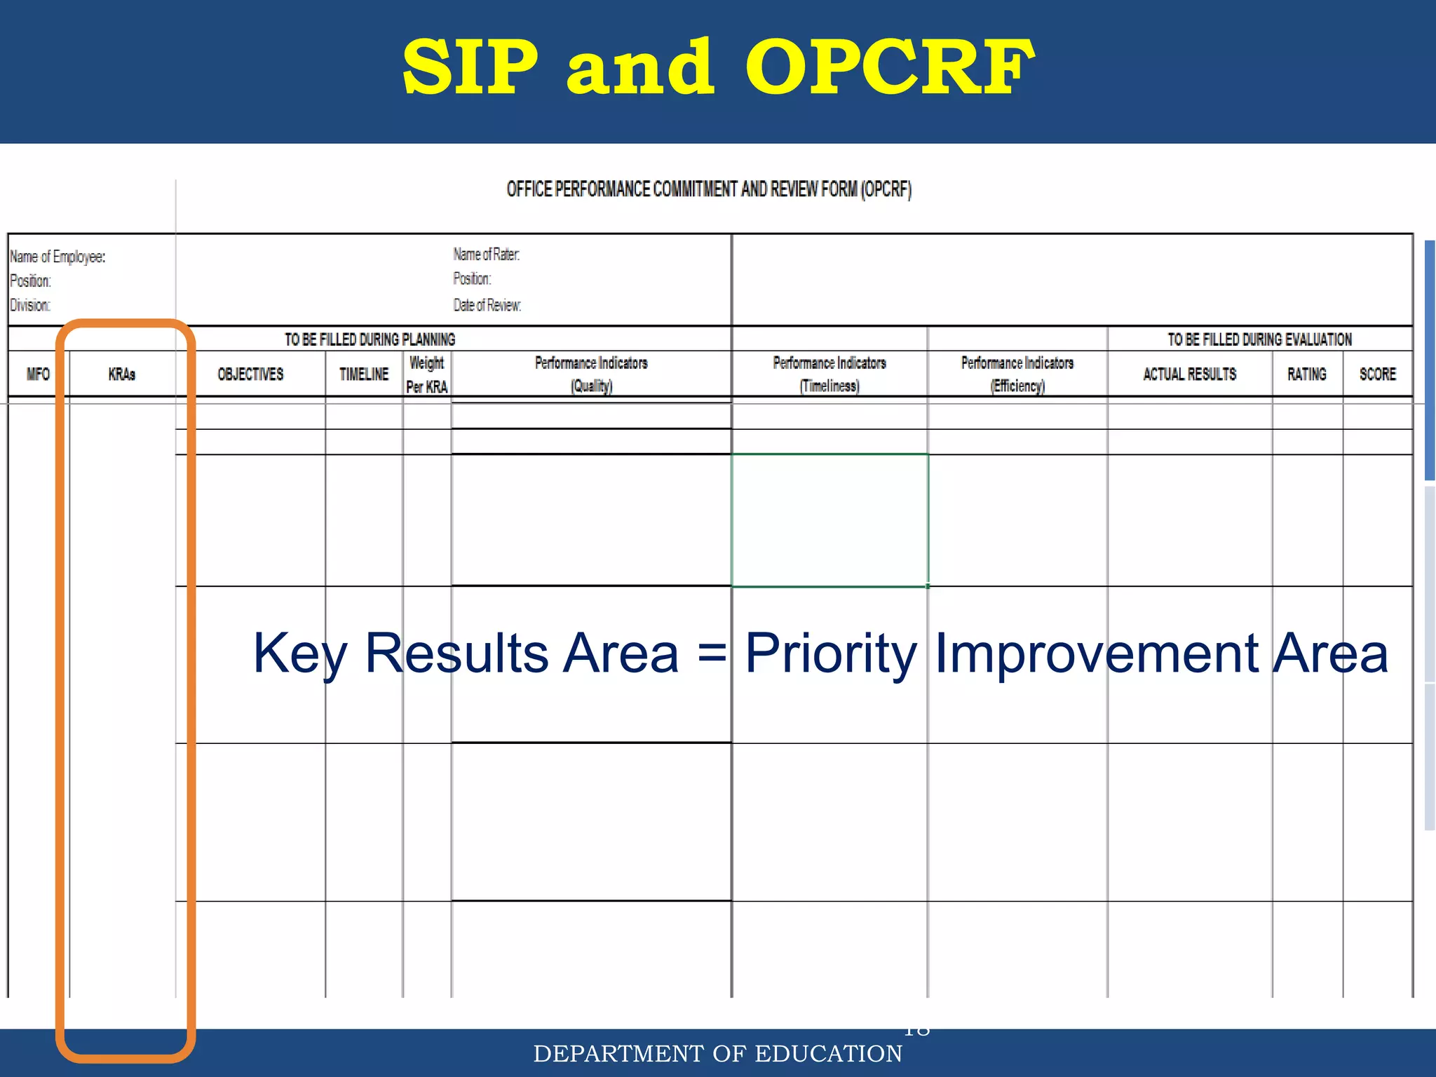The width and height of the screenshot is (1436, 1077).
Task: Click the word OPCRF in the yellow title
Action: click(889, 68)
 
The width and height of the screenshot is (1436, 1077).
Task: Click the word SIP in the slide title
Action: click(470, 68)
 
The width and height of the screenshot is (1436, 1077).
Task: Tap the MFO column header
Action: click(38, 374)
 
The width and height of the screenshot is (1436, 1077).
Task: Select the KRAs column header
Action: click(122, 374)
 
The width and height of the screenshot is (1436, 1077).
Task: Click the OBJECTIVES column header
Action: click(250, 374)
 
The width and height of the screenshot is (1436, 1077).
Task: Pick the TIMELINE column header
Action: click(364, 374)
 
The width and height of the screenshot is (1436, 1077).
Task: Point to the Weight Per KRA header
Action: click(427, 374)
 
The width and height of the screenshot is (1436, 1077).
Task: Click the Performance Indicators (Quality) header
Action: click(591, 374)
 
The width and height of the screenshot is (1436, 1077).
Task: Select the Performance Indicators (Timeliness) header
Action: click(829, 374)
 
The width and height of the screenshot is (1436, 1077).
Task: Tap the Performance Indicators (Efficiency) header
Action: click(1017, 374)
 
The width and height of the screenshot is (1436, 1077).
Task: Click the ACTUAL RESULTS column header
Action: click(1190, 374)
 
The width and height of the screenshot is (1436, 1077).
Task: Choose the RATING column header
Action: click(1307, 374)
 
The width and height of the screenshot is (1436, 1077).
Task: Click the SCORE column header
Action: click(1378, 374)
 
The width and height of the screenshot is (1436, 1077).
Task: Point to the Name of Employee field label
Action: click(57, 257)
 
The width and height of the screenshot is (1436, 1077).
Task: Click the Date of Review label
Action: click(487, 306)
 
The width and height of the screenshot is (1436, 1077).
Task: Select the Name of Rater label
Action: click(486, 255)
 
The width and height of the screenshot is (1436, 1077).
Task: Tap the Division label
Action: click(30, 306)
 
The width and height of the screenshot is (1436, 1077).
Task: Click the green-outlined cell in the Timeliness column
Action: click(829, 520)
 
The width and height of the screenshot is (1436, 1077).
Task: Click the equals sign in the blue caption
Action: click(712, 653)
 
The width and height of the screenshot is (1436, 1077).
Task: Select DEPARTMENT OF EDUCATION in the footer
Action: click(717, 1054)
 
